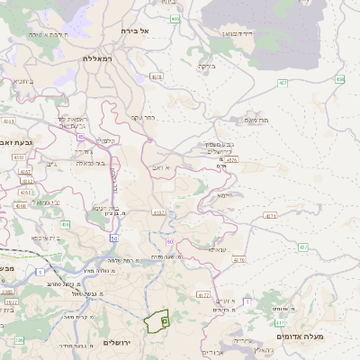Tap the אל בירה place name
151,31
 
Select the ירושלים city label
118,343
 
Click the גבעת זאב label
17,141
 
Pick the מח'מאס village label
256,120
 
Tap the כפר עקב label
144,117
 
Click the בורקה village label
207,65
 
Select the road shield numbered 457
283,83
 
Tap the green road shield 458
340,79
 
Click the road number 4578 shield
157,77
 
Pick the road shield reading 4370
238,260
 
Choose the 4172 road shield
202,294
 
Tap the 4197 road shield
159,213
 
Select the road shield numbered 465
175,18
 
